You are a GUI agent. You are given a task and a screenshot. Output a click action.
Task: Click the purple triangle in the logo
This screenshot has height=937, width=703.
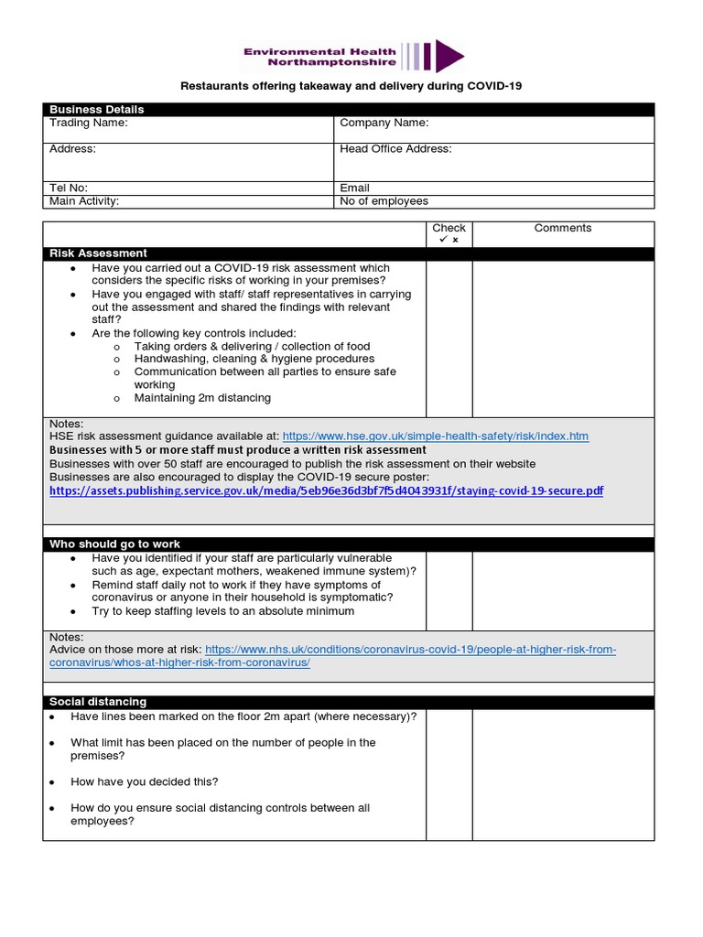[448, 56]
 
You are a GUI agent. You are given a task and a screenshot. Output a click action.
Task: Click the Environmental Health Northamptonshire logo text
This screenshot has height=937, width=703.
[319, 58]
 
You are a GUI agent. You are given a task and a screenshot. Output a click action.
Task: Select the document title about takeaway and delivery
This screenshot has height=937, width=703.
[351, 86]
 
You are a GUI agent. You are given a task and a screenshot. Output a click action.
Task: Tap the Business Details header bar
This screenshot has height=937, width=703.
[349, 109]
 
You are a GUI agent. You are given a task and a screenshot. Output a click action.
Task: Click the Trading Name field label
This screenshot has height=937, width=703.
[89, 123]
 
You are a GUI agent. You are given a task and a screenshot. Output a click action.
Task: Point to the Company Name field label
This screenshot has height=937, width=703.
[384, 123]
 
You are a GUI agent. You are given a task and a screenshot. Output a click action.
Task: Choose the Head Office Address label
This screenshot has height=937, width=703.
[395, 148]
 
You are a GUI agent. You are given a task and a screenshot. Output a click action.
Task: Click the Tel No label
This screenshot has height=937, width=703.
[69, 188]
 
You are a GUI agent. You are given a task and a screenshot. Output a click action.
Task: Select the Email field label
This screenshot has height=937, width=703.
[354, 188]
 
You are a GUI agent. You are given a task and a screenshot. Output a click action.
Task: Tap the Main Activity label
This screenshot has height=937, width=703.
[84, 201]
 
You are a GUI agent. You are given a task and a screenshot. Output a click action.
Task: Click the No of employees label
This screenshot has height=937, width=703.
[384, 201]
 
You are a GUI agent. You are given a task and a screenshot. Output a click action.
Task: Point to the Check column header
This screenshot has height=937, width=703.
[449, 228]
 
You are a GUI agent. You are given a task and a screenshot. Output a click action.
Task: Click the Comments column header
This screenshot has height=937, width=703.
[563, 228]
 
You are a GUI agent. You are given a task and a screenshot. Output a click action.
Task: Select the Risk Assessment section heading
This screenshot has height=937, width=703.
[98, 253]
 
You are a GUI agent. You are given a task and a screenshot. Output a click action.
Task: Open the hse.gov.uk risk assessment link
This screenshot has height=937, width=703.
[435, 436]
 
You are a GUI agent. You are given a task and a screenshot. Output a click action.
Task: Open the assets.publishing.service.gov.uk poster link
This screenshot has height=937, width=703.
[327, 490]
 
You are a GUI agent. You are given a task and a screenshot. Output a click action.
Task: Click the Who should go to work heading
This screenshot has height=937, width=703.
[114, 544]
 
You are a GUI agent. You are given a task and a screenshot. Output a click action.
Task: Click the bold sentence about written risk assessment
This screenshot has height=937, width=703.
[237, 450]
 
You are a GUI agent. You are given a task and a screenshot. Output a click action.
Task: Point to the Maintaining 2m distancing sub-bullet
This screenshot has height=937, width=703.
[202, 398]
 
